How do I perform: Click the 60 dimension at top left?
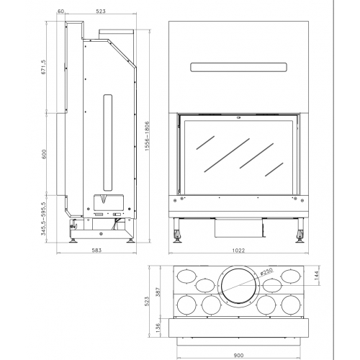pos(62,12)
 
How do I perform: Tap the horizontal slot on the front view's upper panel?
pos(238,68)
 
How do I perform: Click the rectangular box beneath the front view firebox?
pos(236,228)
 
